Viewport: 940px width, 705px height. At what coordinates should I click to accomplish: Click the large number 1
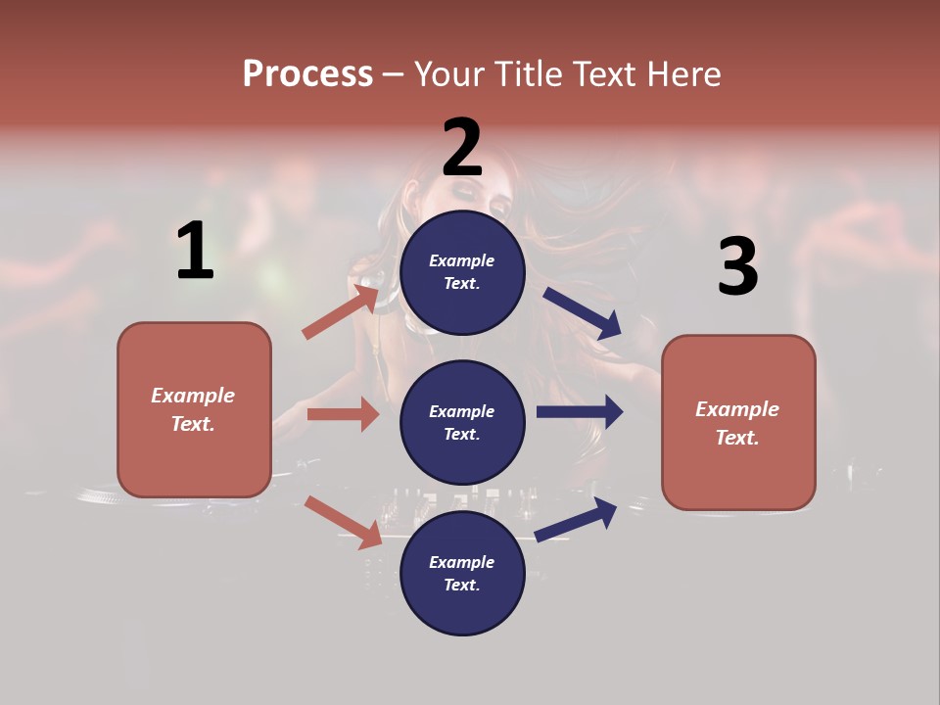point(195,252)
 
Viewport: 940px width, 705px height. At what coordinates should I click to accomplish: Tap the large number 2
point(462,148)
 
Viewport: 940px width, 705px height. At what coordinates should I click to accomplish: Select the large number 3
point(737,267)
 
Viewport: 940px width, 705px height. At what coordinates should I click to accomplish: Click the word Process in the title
point(307,73)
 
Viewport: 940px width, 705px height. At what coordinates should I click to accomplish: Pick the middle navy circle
point(462,423)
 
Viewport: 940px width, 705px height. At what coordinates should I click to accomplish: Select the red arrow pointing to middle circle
point(343,414)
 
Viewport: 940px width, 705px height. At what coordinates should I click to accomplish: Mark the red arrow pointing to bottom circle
point(343,522)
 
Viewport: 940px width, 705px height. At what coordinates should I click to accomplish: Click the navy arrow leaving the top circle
point(583,312)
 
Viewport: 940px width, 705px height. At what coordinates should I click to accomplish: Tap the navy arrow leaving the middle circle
point(580,412)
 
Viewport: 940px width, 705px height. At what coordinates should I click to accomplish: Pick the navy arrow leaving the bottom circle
point(577,519)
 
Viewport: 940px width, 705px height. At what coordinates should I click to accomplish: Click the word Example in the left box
point(193,396)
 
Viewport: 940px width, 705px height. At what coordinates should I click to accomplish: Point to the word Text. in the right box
point(737,438)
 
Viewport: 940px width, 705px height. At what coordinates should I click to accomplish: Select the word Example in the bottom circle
point(462,562)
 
